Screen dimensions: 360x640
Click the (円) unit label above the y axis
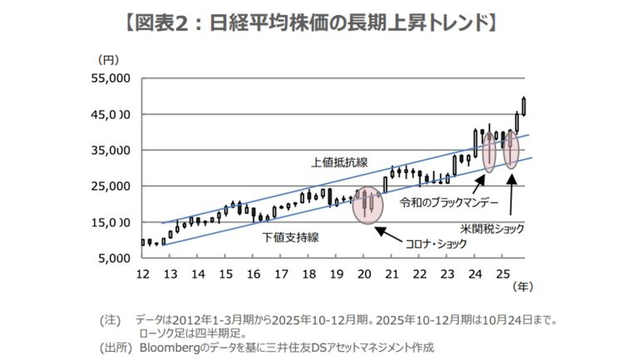click(109, 59)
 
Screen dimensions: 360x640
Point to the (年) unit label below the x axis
click(520, 288)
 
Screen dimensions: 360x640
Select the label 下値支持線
click(292, 237)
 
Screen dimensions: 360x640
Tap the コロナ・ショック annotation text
click(436, 245)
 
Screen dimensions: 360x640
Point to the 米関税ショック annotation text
click(496, 226)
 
